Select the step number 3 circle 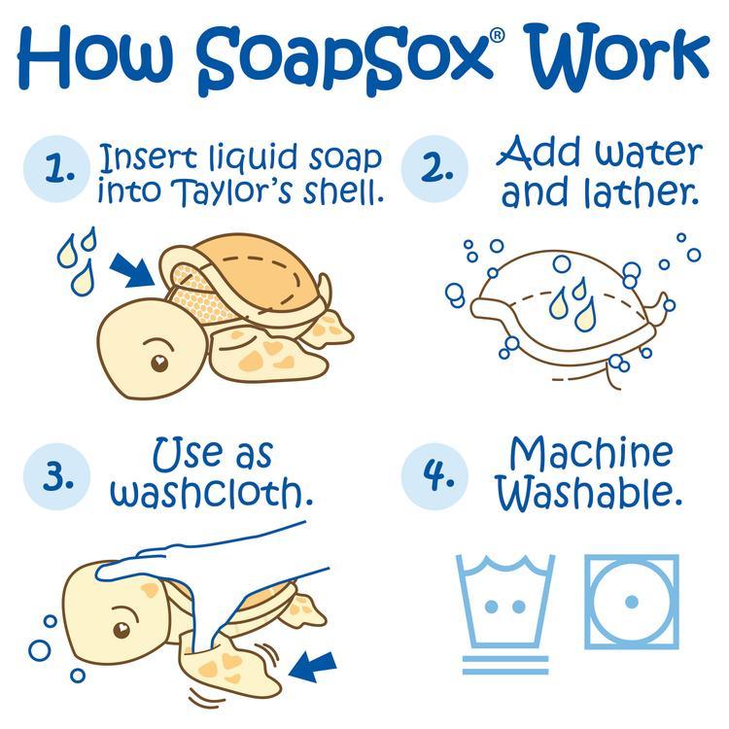pyautogui.click(x=60, y=475)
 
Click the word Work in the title pyautogui.click(x=612, y=58)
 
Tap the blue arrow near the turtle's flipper pyautogui.click(x=313, y=666)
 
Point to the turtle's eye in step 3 pyautogui.click(x=122, y=630)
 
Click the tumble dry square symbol pyautogui.click(x=631, y=602)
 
